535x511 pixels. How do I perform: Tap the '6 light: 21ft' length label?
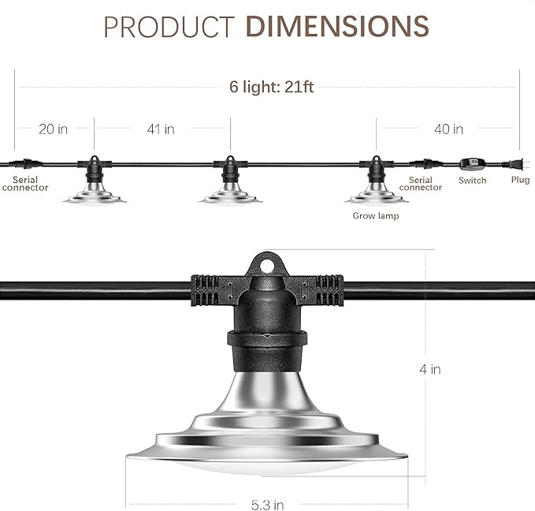coord(271,87)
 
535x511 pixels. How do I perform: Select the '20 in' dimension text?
coord(53,129)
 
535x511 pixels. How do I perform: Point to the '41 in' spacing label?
coord(160,129)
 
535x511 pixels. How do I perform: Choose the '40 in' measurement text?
coord(448,129)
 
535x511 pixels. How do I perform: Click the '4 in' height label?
coord(430,368)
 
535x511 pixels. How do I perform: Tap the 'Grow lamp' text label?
coord(375,215)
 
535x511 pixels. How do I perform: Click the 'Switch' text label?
coord(473,181)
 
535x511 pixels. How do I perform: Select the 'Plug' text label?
coord(520,181)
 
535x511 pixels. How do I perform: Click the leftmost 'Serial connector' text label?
coord(25,184)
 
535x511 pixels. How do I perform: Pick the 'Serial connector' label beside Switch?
coord(420,184)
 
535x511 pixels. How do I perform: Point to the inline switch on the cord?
coord(473,163)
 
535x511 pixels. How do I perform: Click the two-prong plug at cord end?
coord(515,163)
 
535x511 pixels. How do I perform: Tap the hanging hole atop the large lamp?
coord(268,267)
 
